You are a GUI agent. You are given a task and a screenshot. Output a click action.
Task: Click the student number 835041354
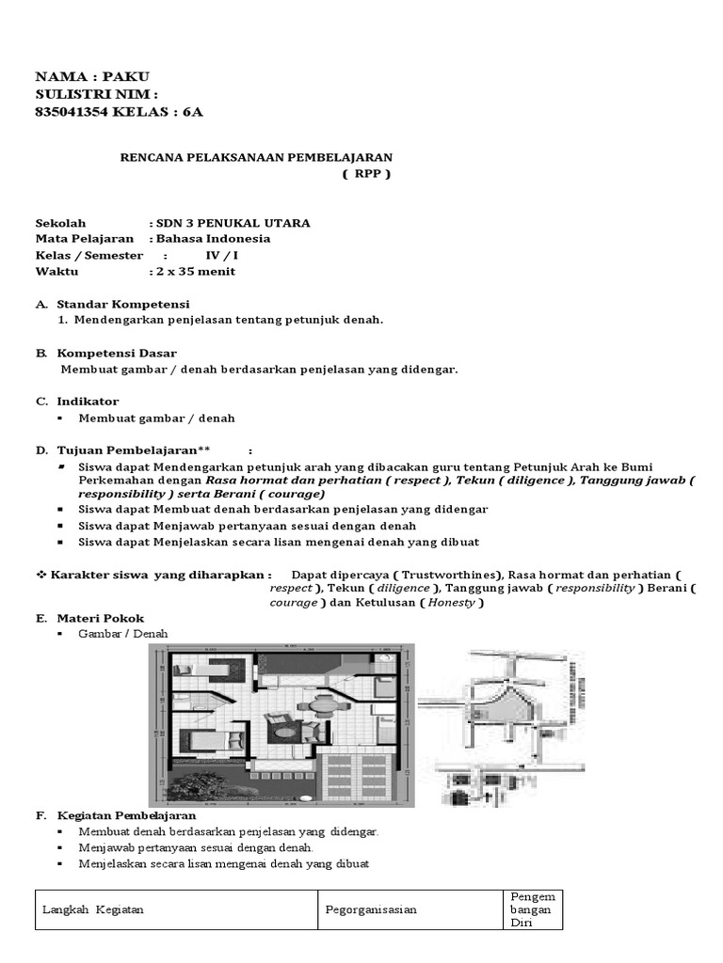tap(76, 112)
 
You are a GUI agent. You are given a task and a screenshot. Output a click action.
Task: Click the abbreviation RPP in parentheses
tap(365, 174)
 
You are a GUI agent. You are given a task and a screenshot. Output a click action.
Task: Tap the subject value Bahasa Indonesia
tap(214, 239)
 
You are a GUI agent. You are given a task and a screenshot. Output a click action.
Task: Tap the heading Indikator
tap(88, 401)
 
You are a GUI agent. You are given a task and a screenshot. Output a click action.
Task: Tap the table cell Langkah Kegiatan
tap(93, 909)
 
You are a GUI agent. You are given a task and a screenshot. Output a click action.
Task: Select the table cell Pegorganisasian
tap(371, 909)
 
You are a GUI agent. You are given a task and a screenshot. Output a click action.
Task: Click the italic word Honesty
tap(452, 603)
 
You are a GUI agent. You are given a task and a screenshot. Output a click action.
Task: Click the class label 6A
tap(192, 112)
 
